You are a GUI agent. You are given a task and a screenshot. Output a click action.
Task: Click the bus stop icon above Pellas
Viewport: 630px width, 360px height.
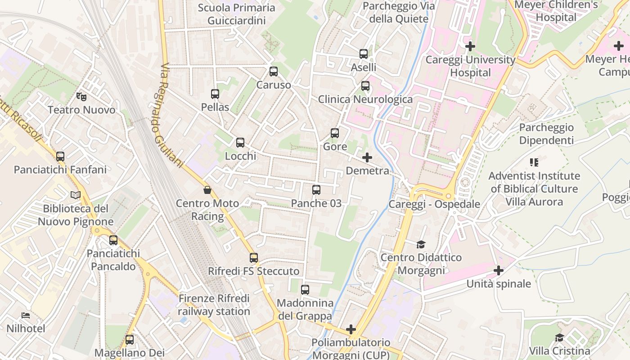pos(215,94)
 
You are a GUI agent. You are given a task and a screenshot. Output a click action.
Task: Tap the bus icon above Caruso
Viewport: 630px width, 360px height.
pos(273,72)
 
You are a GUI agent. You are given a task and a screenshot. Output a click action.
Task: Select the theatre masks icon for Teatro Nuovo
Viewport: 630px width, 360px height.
pos(81,96)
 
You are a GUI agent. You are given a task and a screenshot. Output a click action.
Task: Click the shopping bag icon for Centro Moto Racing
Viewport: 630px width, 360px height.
pos(207,190)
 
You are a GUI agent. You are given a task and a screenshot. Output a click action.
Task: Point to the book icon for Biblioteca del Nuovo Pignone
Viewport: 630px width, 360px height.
pos(76,195)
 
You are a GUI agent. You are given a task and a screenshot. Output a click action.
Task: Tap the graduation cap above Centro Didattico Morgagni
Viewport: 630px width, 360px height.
pos(421,244)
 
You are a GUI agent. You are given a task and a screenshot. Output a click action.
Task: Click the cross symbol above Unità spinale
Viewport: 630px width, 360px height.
pos(499,270)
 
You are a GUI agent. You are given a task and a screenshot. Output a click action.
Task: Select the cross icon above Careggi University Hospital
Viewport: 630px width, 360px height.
pos(470,46)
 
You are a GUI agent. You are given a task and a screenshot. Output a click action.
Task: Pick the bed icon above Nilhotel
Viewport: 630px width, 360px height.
pos(26,315)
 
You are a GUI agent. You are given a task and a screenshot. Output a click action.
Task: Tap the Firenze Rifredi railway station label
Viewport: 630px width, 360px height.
pos(214,305)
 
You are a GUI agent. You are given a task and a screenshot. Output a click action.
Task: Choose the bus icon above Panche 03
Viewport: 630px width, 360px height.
pos(316,190)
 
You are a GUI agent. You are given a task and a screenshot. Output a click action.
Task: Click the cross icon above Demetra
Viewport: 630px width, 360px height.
pos(367,157)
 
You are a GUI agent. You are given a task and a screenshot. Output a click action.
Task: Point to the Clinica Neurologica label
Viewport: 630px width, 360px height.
pos(365,99)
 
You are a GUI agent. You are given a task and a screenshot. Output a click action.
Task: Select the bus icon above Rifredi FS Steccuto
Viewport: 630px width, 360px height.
pos(254,258)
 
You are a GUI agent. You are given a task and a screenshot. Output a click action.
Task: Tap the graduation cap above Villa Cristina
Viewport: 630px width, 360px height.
pos(559,338)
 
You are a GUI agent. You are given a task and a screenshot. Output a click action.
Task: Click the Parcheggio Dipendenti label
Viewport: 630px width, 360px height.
pos(546,134)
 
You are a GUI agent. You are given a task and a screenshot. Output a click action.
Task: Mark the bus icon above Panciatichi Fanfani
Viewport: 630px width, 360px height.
pos(60,157)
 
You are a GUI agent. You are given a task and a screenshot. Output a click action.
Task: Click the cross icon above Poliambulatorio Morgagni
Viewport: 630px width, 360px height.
pos(351,329)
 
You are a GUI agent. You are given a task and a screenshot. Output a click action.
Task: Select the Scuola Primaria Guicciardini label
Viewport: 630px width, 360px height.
pos(236,14)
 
